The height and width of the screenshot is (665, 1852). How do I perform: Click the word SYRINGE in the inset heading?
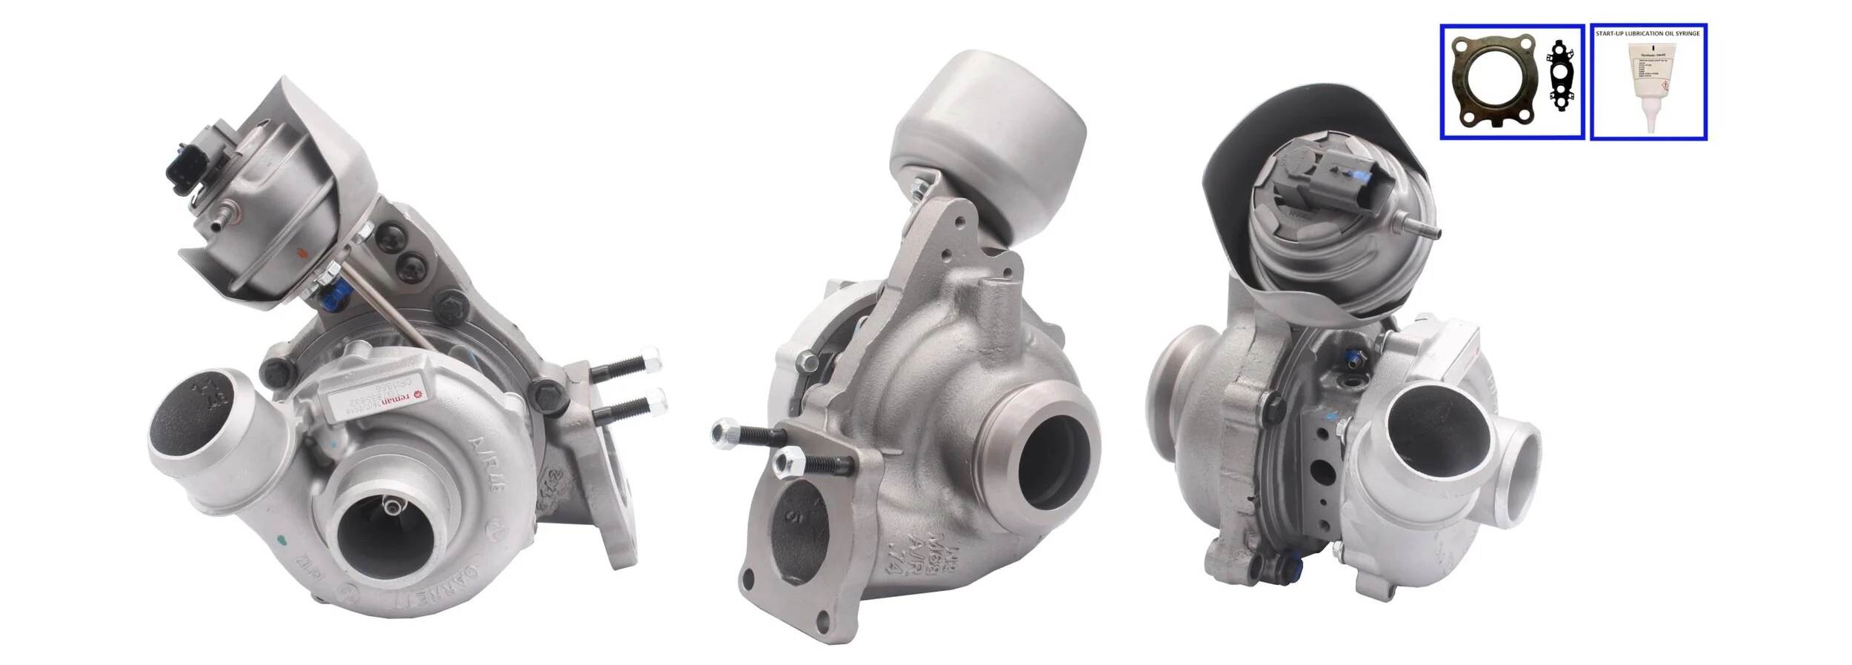point(1685,33)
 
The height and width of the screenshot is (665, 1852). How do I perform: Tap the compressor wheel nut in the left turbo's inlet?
point(390,507)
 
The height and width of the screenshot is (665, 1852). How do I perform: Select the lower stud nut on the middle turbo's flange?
point(785,463)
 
